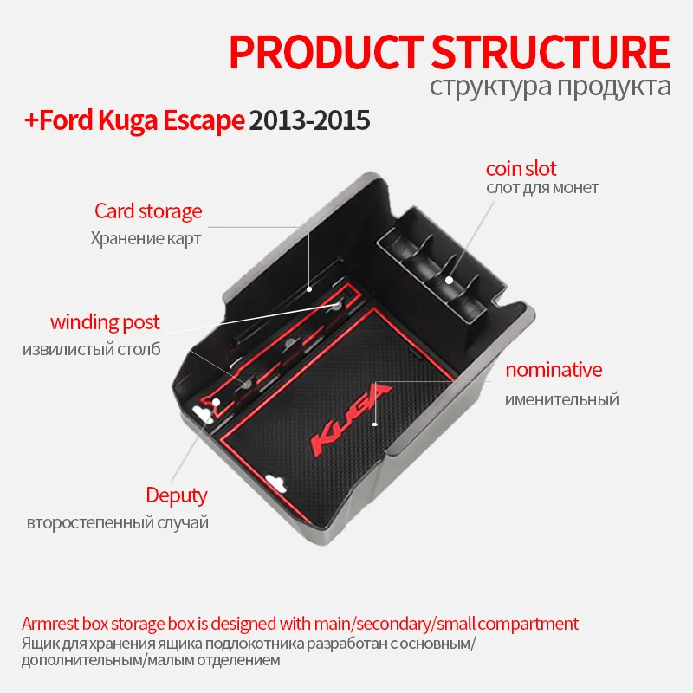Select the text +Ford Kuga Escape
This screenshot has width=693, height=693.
point(133,121)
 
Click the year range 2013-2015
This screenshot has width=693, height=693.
point(309,121)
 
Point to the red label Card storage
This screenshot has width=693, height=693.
point(148,210)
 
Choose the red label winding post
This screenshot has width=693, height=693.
point(105,322)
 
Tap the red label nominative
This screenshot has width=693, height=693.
point(554,370)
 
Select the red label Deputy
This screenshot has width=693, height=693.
point(177,495)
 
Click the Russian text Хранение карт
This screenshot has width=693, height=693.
point(146,237)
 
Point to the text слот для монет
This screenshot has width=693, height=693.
point(541,188)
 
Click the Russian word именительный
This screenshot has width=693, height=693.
point(562,399)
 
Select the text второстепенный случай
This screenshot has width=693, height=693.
point(118,523)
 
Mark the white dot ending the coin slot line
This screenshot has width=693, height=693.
point(449,279)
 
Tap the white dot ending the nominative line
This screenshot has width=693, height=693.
point(375,424)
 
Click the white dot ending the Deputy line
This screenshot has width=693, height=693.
point(215,401)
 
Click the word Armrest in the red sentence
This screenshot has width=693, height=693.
point(49,624)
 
